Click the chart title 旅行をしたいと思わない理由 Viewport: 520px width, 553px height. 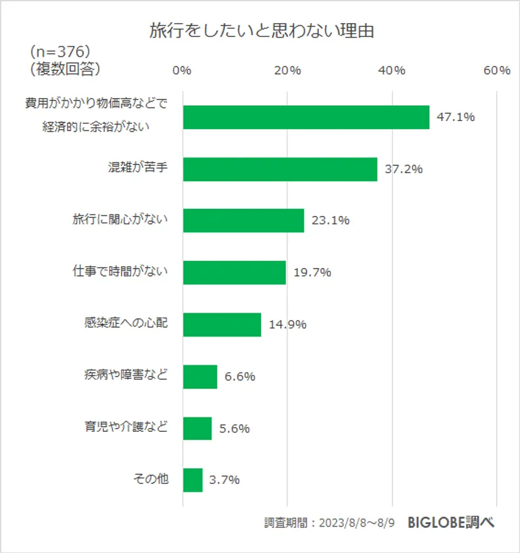[x=261, y=31]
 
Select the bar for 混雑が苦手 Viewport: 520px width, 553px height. [x=280, y=169]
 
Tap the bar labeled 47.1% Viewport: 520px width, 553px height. [x=306, y=117]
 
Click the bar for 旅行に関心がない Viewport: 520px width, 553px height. [x=243, y=221]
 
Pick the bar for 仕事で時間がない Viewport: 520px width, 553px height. [x=234, y=273]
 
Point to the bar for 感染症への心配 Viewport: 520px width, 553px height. [x=221, y=325]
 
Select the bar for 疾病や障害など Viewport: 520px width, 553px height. [x=200, y=377]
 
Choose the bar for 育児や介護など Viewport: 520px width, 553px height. [x=197, y=429]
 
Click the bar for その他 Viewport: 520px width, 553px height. [x=192, y=481]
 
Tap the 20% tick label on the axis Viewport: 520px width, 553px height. [x=287, y=70]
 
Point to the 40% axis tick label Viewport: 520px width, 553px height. [x=391, y=70]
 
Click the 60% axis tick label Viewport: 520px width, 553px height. [x=496, y=70]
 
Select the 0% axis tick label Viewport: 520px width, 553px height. [x=182, y=70]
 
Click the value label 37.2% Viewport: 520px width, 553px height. [x=405, y=169]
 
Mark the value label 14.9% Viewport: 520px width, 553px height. [x=288, y=325]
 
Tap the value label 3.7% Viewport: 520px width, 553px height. [x=225, y=481]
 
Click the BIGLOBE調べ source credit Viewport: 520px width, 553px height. [x=451, y=523]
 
